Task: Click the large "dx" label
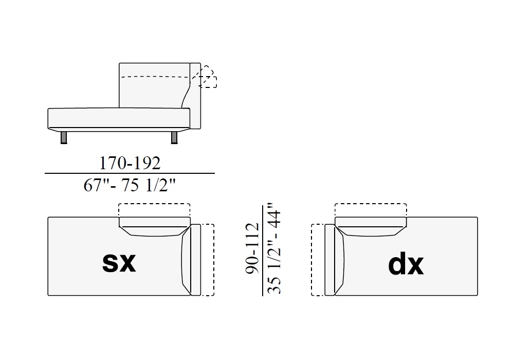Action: point(406,264)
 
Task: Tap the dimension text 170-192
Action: point(130,163)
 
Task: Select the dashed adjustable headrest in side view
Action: point(208,78)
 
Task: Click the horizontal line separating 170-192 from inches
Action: point(130,174)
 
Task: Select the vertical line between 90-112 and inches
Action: point(263,251)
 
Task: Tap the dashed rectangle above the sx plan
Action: point(154,210)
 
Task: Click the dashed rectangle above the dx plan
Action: point(371,210)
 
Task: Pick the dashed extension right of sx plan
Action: point(207,260)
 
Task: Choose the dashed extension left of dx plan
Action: point(318,260)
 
